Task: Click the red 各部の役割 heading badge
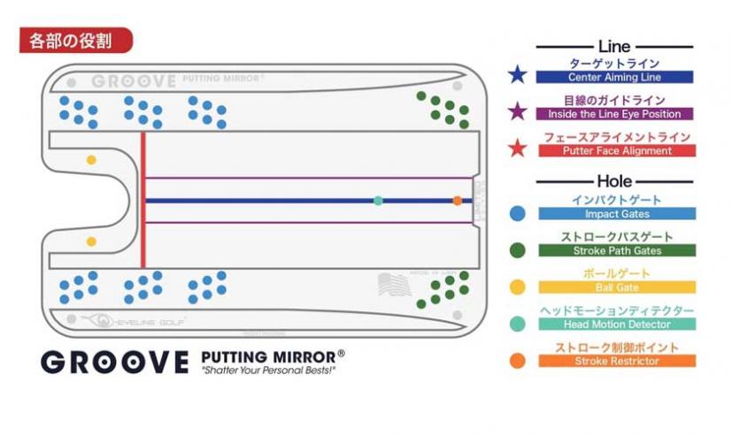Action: tap(75, 41)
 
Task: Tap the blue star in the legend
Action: tap(518, 74)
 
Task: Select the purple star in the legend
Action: tap(518, 111)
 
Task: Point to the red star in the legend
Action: tap(518, 148)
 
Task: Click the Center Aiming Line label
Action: tap(614, 78)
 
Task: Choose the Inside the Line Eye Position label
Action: tap(614, 114)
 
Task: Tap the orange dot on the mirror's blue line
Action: tap(457, 201)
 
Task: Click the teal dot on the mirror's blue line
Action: tap(378, 201)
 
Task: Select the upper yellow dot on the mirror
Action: tap(91, 160)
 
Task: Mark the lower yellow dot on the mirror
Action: tap(91, 241)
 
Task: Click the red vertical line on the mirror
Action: tap(143, 200)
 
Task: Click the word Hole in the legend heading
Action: tap(614, 181)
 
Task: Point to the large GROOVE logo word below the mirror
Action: tap(115, 362)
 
